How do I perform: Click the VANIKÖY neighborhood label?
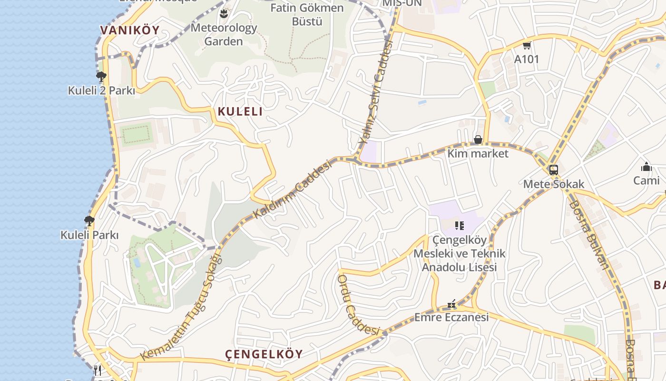(129, 30)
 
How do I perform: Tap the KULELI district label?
(240, 111)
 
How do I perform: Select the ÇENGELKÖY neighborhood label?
(264, 354)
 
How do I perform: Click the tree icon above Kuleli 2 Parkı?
(101, 76)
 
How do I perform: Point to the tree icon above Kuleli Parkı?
(89, 221)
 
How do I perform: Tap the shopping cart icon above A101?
(527, 46)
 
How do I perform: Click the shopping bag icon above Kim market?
(478, 140)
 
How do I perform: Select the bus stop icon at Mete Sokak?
(553, 170)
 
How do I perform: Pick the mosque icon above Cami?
(646, 167)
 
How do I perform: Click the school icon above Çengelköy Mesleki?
(459, 226)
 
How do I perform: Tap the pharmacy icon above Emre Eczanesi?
(451, 304)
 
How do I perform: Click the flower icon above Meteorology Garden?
(224, 14)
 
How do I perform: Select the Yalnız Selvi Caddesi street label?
(376, 93)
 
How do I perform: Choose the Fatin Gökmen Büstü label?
(307, 15)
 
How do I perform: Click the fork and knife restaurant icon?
(98, 370)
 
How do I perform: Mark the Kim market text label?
(478, 153)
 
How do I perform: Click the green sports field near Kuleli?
(137, 134)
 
